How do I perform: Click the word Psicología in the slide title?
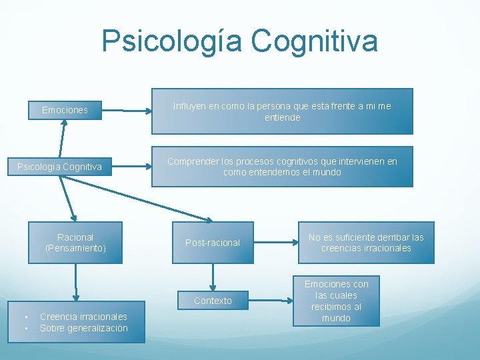coord(173,41)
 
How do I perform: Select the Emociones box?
coord(65,110)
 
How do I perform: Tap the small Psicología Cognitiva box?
coord(59,167)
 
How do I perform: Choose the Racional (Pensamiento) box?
coord(75,243)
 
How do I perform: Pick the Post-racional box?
coord(213,243)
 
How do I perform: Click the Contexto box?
coord(213,301)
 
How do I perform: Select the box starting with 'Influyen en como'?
coord(282,111)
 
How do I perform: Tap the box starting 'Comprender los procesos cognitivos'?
coord(282,167)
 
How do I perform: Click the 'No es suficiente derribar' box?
coord(366,243)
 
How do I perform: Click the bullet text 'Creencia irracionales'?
coord(83,317)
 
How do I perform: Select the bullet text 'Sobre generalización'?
coord(83,328)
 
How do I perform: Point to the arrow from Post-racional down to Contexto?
coord(213,277)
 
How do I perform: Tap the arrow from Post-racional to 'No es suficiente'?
coord(276,242)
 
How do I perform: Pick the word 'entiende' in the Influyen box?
coord(283,117)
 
